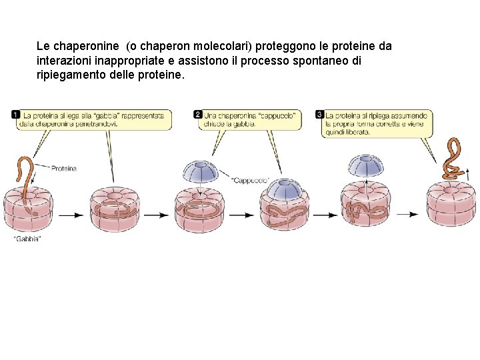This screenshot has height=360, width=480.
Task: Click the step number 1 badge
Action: (x=15, y=115)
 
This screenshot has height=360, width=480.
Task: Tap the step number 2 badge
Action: (x=198, y=115)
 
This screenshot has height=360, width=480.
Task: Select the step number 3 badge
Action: (x=320, y=115)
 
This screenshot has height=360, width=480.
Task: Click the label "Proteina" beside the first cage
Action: (x=64, y=168)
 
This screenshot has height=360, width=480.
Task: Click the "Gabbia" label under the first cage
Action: (x=27, y=239)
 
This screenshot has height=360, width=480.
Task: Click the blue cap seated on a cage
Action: (x=285, y=189)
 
